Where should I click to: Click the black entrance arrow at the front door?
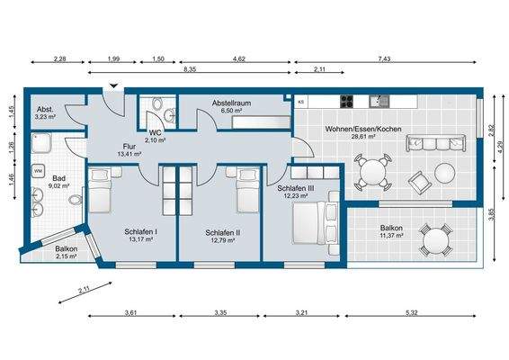pos(113,85)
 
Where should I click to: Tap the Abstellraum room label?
pos(231,103)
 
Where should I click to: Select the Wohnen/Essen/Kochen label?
pos(363,129)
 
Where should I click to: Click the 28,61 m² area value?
pos(363,137)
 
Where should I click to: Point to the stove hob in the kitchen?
pos(347,102)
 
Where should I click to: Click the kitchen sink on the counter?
pos(379,102)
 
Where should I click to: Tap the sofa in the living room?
pos(435,143)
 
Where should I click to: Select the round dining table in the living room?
pos(372,173)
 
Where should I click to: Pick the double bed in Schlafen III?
pos(316,223)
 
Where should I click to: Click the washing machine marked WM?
pos(38,171)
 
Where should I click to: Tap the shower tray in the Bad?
pos(41,143)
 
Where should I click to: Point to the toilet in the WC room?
pos(157,103)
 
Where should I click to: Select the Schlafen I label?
pos(141,232)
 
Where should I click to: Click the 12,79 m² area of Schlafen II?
pos(223,240)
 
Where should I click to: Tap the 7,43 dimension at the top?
pos(384,58)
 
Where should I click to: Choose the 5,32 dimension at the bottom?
pos(411,313)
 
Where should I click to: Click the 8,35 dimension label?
pos(190,69)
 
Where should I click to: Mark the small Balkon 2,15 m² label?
pos(66,253)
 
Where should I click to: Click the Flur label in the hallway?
pos(129,147)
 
